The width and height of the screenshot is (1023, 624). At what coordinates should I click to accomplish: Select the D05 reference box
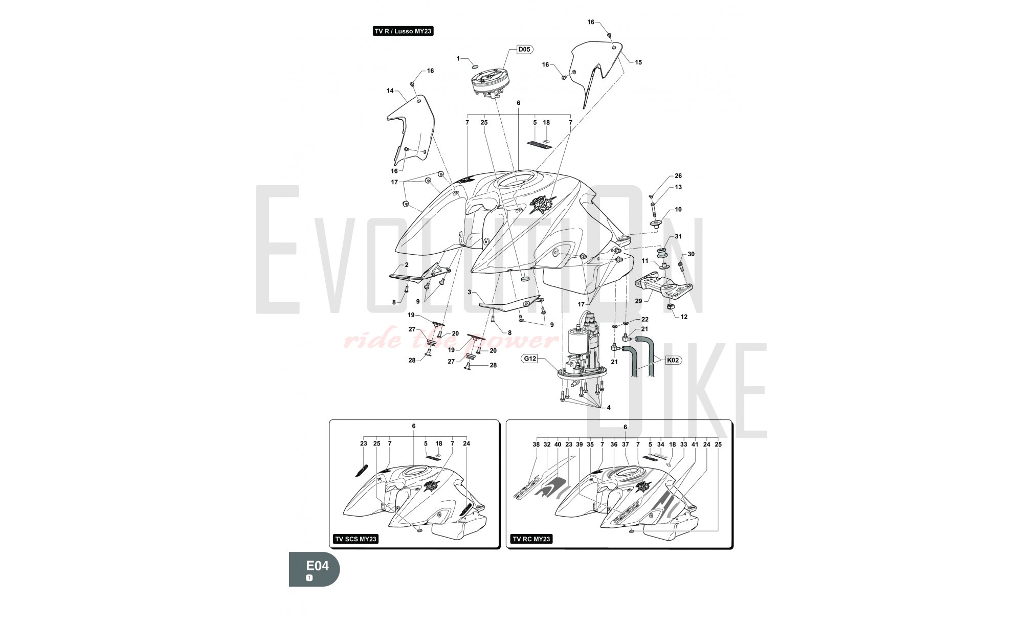point(524,50)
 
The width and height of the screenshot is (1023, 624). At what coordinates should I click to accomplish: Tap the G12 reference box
point(530,359)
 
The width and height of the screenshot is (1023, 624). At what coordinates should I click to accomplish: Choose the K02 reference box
point(674,360)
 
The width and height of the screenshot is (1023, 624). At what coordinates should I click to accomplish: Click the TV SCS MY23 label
point(356,539)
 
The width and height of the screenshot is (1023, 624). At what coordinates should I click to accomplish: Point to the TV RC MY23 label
point(531,539)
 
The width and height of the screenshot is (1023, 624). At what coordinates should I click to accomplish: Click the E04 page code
point(317,566)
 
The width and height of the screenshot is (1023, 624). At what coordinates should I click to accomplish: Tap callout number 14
point(390,91)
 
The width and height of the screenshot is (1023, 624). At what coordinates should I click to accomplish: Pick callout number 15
point(638,62)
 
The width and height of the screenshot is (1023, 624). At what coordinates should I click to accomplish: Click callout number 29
point(638,301)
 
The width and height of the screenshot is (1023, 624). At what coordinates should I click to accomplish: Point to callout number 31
point(678,236)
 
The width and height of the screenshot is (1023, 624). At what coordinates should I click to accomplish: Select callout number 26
point(678,176)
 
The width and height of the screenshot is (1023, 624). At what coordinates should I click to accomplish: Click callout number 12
point(684,317)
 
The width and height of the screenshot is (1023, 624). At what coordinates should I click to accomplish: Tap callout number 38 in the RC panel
point(536,444)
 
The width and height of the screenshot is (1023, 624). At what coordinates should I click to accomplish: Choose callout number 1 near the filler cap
point(458,59)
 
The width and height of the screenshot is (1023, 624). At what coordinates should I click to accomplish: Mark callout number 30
point(691,254)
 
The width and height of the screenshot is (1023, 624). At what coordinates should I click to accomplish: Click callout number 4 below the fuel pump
point(609,408)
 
